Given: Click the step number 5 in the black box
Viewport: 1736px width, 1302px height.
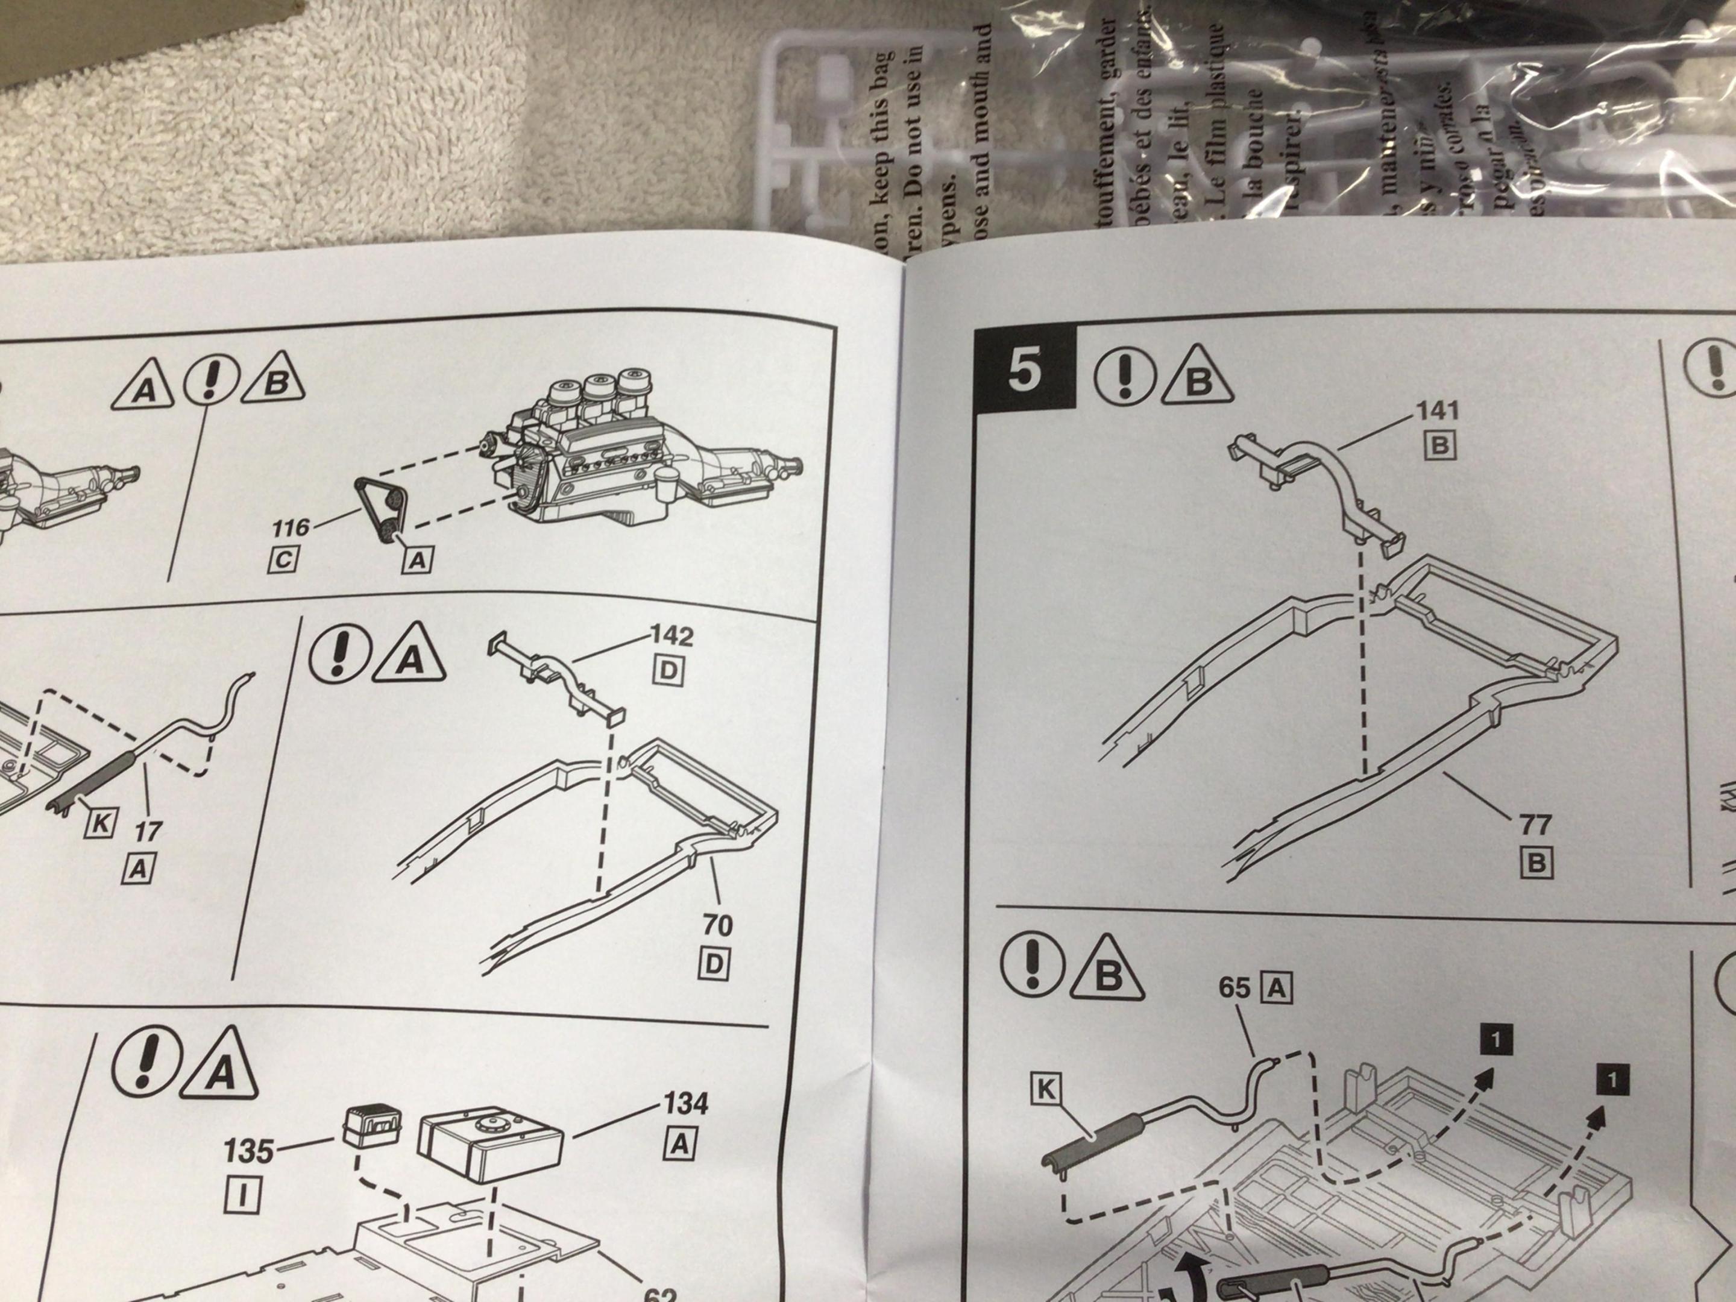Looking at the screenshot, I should (1024, 371).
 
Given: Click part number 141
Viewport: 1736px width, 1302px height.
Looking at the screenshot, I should (1438, 410).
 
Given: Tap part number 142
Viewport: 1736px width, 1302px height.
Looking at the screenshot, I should (672, 636).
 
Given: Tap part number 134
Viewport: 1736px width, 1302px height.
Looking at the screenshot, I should (686, 1104).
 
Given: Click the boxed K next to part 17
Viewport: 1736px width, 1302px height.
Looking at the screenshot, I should (101, 822).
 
